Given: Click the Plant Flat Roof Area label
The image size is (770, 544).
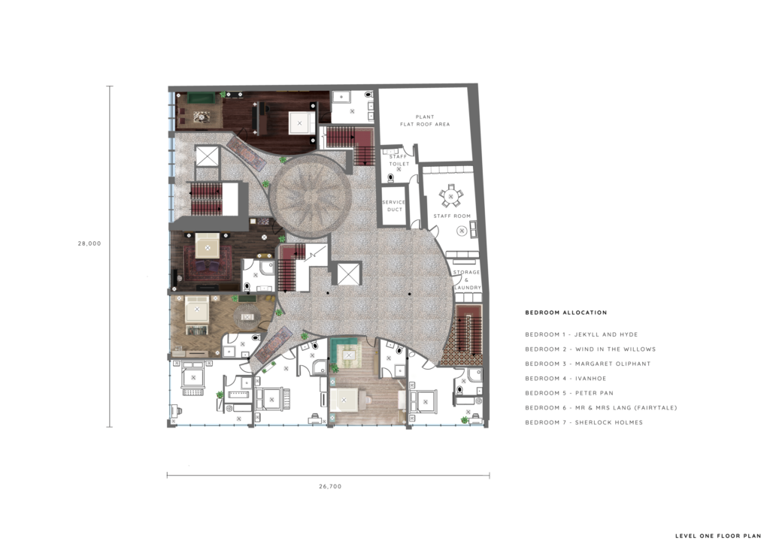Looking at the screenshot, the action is pyautogui.click(x=425, y=121).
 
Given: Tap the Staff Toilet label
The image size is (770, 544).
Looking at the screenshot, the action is pyautogui.click(x=399, y=160).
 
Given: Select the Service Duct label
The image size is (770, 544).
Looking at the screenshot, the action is pyautogui.click(x=394, y=206).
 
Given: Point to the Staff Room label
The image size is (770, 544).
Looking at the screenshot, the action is pyautogui.click(x=452, y=216).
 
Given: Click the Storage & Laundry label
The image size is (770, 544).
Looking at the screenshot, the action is pyautogui.click(x=466, y=280).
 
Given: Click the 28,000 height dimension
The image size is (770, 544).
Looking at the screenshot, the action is pyautogui.click(x=89, y=243).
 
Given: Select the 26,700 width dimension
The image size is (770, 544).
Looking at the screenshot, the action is pyautogui.click(x=330, y=487).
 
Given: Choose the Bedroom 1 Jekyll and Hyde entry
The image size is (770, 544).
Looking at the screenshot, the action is pyautogui.click(x=581, y=334).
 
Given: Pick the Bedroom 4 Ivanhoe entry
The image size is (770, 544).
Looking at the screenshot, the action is pyautogui.click(x=565, y=378).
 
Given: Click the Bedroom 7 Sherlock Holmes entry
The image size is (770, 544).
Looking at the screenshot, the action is pyautogui.click(x=584, y=422).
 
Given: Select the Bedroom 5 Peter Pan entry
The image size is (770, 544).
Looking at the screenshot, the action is pyautogui.click(x=569, y=393).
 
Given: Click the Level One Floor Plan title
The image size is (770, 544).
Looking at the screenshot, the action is pyautogui.click(x=718, y=536).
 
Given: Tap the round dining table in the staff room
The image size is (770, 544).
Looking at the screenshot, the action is pyautogui.click(x=451, y=197).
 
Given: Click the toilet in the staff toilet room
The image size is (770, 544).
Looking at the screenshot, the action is pyautogui.click(x=391, y=178).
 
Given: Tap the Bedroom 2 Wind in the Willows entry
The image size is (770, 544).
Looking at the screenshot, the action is pyautogui.click(x=590, y=349).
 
